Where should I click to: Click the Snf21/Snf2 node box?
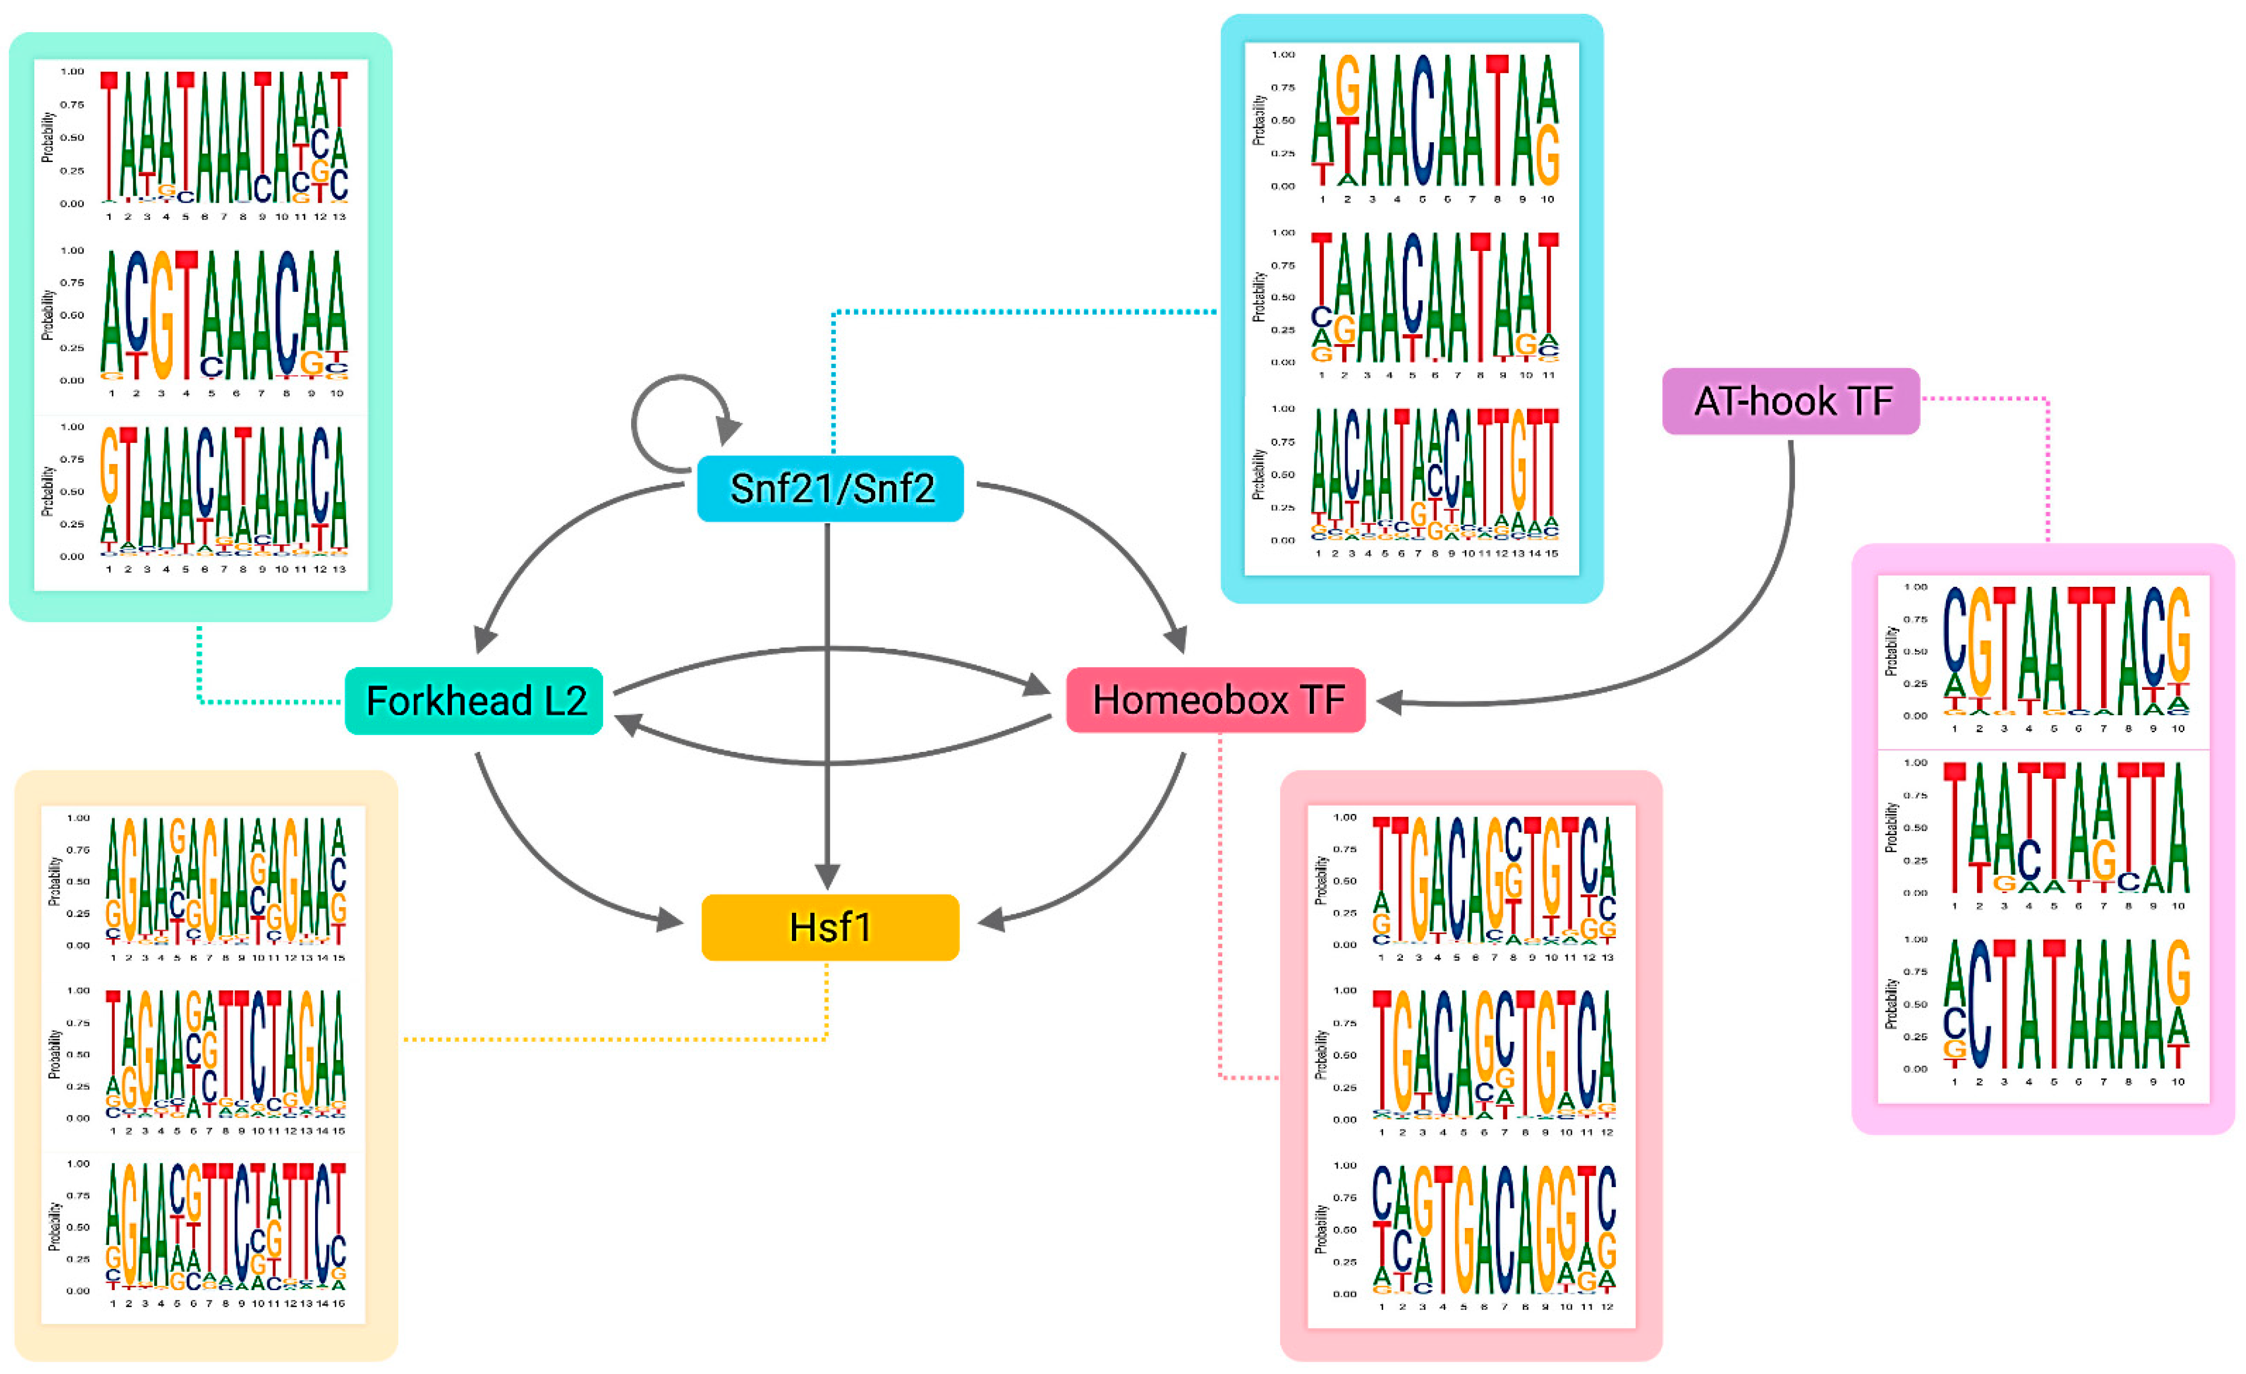click(x=830, y=489)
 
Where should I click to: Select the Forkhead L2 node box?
click(x=474, y=700)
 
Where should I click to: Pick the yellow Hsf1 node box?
click(x=830, y=927)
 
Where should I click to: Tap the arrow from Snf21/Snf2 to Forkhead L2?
click(x=547, y=538)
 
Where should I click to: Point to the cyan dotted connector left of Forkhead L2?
click(x=237, y=701)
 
